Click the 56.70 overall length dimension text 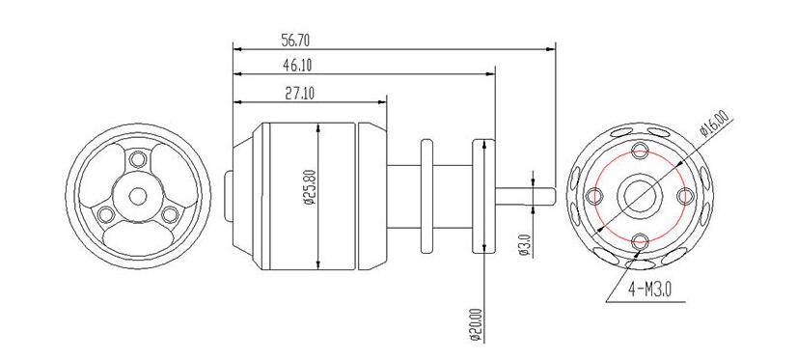coord(295,42)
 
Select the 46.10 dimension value coord(295,66)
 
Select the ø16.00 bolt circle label coord(713,127)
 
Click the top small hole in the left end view coord(138,158)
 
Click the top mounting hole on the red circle coord(639,152)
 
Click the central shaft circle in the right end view coord(639,195)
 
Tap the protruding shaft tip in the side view coord(544,195)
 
